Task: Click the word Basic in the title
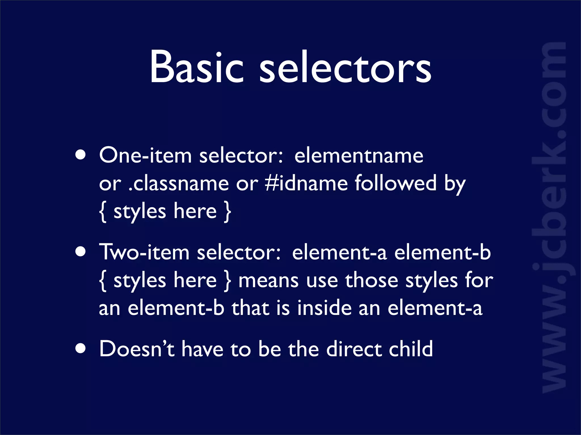(x=196, y=67)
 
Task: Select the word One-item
(x=145, y=155)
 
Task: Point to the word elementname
(x=359, y=155)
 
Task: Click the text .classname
(x=178, y=184)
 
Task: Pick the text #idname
(x=306, y=184)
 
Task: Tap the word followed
(x=395, y=184)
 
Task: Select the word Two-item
(x=144, y=252)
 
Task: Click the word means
(x=268, y=280)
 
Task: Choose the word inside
(x=324, y=308)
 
